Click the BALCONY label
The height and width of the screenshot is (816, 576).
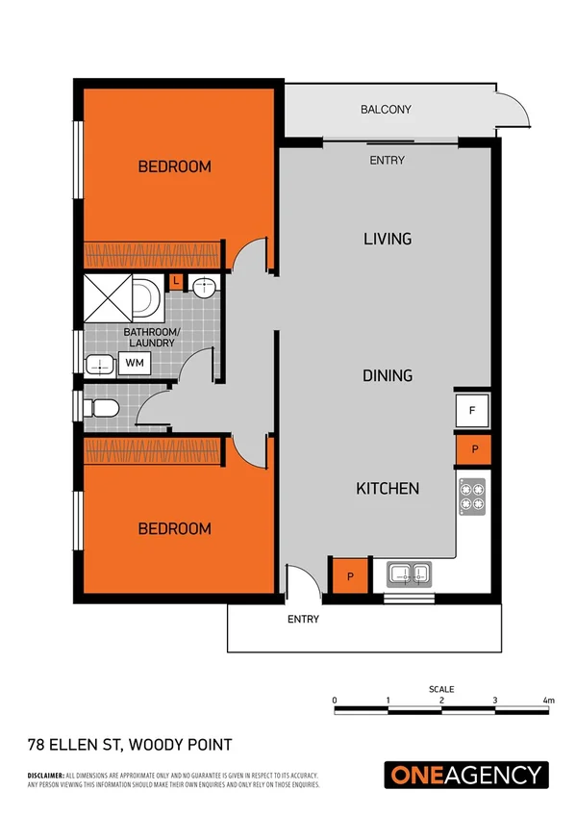(x=386, y=110)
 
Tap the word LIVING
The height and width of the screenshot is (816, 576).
(x=388, y=238)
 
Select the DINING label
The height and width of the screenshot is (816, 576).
(x=388, y=375)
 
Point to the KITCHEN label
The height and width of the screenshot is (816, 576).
(x=388, y=489)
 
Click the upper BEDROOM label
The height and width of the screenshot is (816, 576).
(x=174, y=166)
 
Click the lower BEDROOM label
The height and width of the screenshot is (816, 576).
(x=174, y=528)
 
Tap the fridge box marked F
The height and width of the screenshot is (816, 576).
(x=472, y=411)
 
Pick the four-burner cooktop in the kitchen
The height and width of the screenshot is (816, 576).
(x=472, y=496)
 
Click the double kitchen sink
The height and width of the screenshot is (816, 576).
(x=412, y=574)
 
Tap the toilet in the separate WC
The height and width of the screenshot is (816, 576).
(x=101, y=408)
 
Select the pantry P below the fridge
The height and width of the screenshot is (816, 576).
(x=472, y=449)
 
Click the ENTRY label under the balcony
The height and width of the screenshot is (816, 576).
(x=387, y=161)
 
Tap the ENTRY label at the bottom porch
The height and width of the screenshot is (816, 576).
(x=303, y=619)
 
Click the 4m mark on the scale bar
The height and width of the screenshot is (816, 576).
(x=548, y=700)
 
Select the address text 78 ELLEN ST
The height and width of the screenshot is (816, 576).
(x=128, y=745)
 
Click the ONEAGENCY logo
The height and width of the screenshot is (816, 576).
(x=466, y=775)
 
